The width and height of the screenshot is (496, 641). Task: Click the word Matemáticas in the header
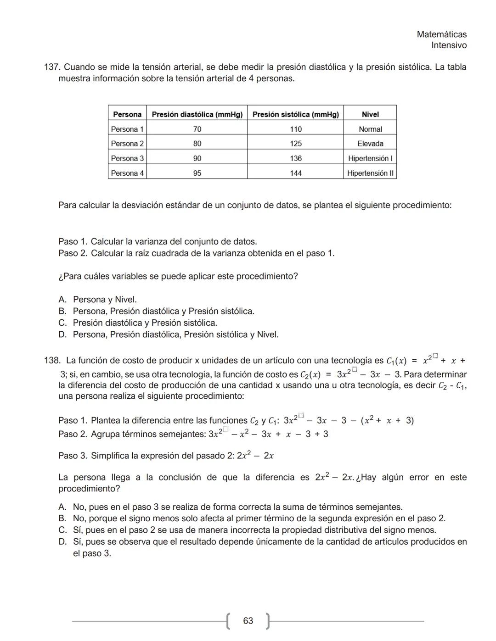[x=441, y=34]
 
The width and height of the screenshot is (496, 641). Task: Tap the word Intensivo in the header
[x=449, y=45]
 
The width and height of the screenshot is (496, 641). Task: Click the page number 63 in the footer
[x=248, y=621]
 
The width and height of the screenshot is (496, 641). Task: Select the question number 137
[x=52, y=67]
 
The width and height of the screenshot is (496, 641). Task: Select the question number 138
[x=52, y=361]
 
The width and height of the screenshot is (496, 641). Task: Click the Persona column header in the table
[x=127, y=114]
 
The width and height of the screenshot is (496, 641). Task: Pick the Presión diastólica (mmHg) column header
[x=197, y=114]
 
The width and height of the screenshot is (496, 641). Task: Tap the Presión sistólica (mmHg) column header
[x=295, y=114]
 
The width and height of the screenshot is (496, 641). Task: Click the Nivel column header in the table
[x=370, y=114]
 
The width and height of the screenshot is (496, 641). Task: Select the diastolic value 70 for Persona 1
[x=197, y=129]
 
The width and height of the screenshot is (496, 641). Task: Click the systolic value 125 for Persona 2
[x=296, y=144]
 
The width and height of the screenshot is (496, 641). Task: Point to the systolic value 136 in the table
[x=296, y=158]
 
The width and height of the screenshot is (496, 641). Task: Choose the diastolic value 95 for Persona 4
[x=197, y=173]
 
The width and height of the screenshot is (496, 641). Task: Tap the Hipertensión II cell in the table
[x=370, y=173]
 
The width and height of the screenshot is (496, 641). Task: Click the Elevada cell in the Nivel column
[x=370, y=144]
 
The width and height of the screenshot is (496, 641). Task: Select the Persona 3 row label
[x=127, y=158]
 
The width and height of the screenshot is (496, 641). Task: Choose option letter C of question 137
[x=62, y=323]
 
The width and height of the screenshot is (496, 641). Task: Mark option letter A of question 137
[x=62, y=300]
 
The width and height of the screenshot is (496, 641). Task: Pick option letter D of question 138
[x=62, y=542]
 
